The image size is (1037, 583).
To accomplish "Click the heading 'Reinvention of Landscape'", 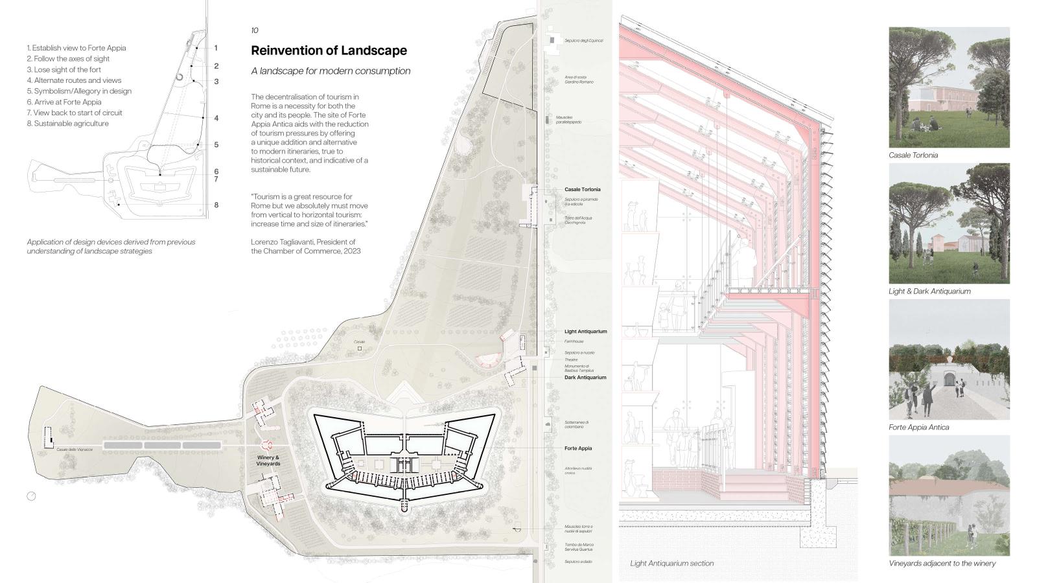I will [329, 51].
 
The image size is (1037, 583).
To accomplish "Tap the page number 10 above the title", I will [254, 30].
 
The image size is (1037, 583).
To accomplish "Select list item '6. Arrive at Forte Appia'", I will [64, 102].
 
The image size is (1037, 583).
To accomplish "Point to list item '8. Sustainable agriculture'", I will [68, 123].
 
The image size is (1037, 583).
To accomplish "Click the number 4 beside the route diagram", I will [216, 119].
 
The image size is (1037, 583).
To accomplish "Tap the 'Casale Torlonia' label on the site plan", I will [582, 190].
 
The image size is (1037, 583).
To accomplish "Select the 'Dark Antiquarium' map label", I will [585, 377].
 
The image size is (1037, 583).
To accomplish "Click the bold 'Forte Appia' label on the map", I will [577, 448].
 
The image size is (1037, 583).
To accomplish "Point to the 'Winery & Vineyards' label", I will [268, 461].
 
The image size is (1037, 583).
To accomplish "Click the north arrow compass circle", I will [31, 496].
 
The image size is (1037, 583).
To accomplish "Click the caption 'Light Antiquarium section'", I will [671, 564].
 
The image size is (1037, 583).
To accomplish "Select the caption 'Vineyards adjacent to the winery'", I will [942, 564].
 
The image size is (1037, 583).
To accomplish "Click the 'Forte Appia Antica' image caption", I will [918, 428].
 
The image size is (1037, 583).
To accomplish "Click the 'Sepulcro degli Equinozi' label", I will [583, 41].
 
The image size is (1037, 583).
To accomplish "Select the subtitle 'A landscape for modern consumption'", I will [331, 71].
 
